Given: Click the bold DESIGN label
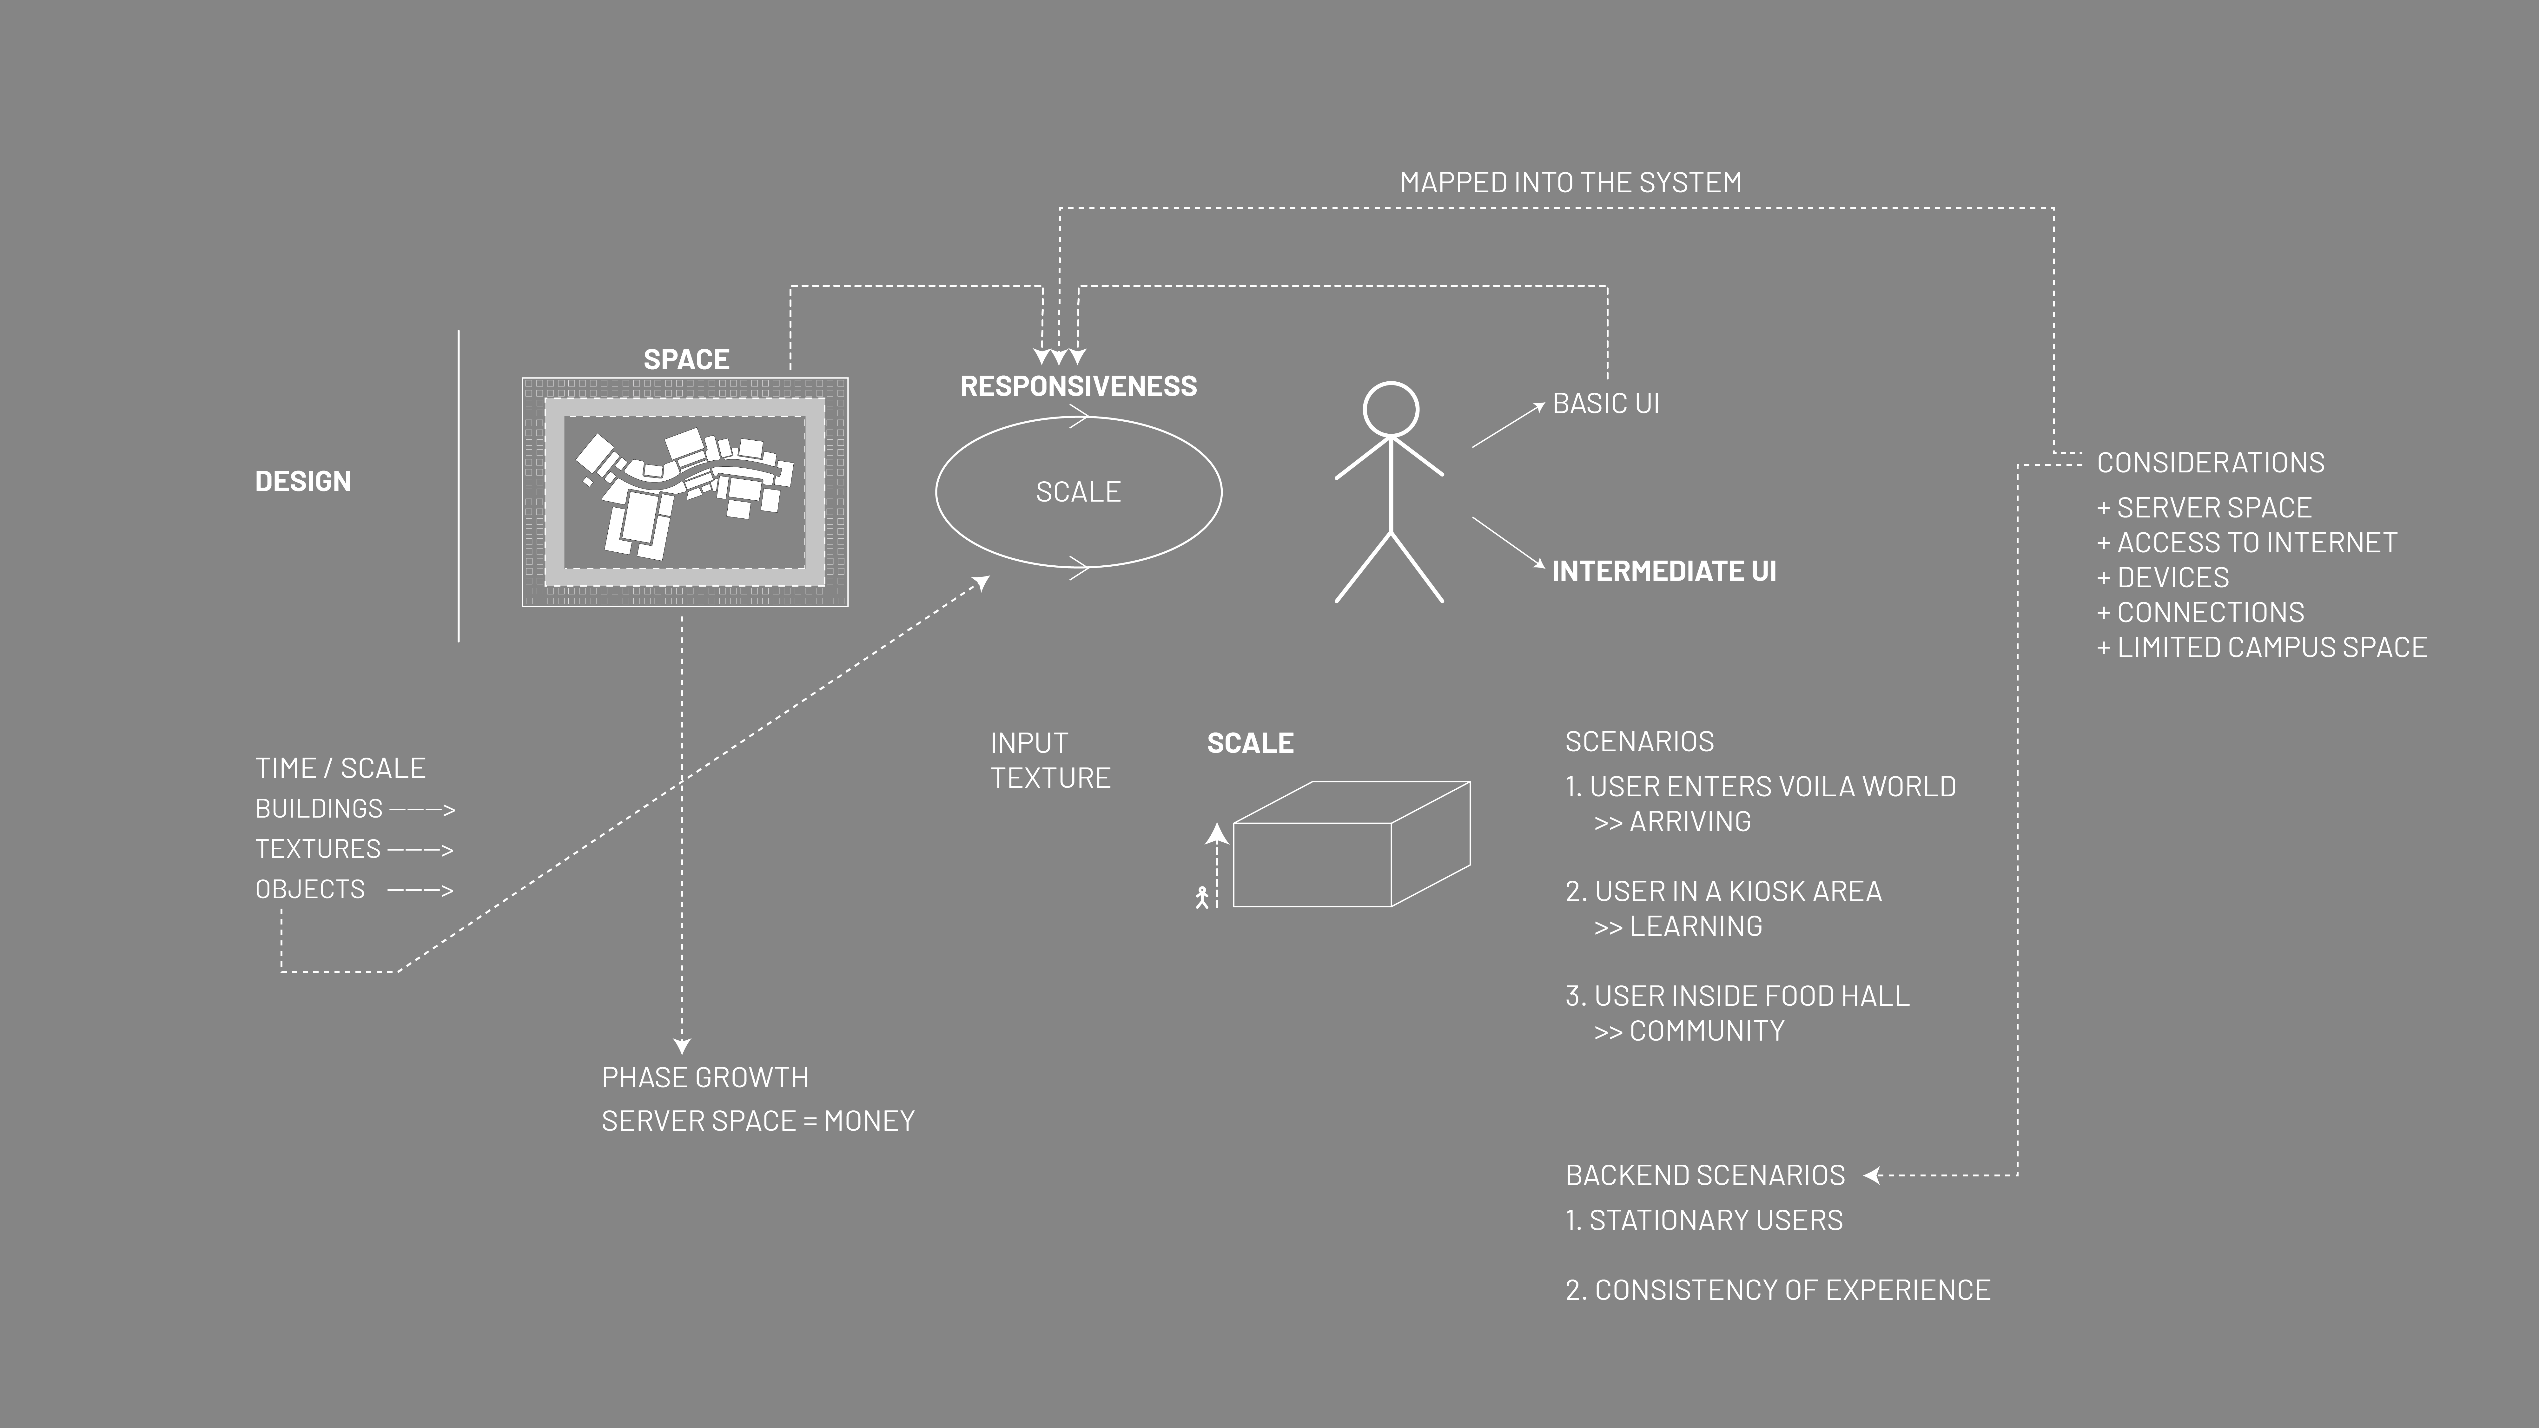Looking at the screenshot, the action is click(x=303, y=481).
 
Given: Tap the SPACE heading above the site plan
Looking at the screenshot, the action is click(x=686, y=360).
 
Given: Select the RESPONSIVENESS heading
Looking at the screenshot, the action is click(x=1078, y=386).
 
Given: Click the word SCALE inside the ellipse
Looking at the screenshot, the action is click(x=1078, y=492).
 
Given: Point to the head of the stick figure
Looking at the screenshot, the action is click(x=1391, y=409).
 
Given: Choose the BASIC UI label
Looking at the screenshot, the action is click(x=1606, y=403).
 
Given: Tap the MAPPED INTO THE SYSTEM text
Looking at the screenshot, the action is click(x=1571, y=182).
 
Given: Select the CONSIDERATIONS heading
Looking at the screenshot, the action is click(x=2211, y=462).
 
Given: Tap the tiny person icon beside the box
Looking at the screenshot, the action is click(x=1201, y=897).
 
